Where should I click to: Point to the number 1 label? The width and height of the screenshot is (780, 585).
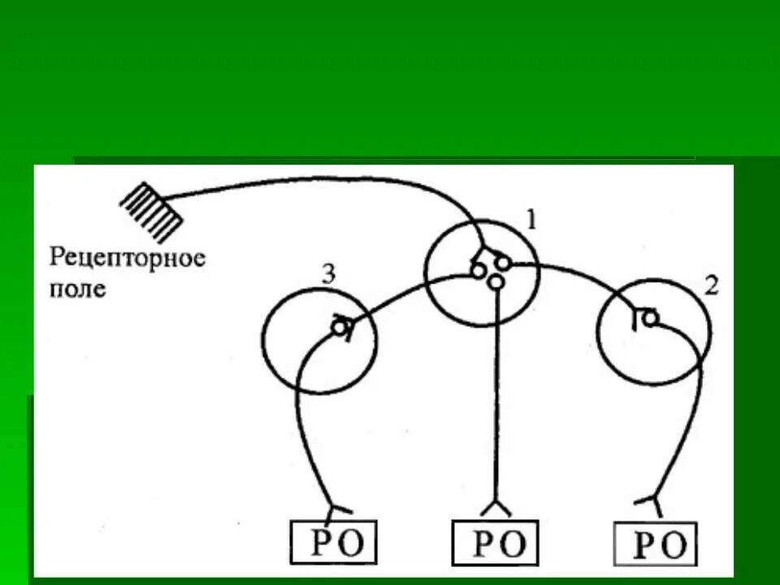(x=531, y=219)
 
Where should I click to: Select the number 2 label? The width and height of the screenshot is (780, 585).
(x=710, y=286)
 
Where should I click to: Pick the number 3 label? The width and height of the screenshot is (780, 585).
(x=327, y=275)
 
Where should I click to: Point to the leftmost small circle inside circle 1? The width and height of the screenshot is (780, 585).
(x=479, y=271)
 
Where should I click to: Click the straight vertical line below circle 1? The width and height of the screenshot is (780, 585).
(x=494, y=406)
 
